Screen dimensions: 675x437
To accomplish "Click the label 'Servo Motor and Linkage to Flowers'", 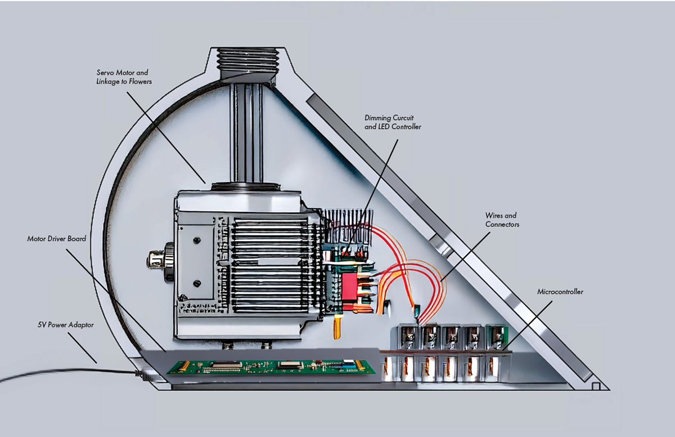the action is click(x=124, y=77).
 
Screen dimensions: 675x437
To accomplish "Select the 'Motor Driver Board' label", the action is click(x=57, y=239).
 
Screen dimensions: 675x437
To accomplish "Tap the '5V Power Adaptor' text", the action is click(x=66, y=325).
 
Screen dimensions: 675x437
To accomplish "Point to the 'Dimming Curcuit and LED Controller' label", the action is click(x=393, y=122).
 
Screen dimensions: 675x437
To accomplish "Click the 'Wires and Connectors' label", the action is click(x=502, y=220).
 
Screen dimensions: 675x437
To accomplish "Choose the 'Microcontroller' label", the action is click(x=560, y=292).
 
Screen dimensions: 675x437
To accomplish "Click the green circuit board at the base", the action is click(x=272, y=367).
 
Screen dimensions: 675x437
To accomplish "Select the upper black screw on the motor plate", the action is click(x=197, y=240).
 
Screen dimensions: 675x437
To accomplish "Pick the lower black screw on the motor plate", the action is click(x=197, y=283).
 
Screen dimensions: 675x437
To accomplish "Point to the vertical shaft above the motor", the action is click(x=246, y=133).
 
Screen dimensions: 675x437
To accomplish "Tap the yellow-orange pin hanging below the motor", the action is click(x=336, y=327).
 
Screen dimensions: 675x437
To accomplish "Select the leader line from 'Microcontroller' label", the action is click(x=528, y=325).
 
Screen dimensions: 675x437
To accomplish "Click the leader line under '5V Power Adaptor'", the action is click(x=82, y=348).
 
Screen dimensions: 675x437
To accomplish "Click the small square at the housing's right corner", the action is click(x=596, y=386).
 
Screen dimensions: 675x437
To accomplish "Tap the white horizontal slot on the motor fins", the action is click(x=277, y=261).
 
